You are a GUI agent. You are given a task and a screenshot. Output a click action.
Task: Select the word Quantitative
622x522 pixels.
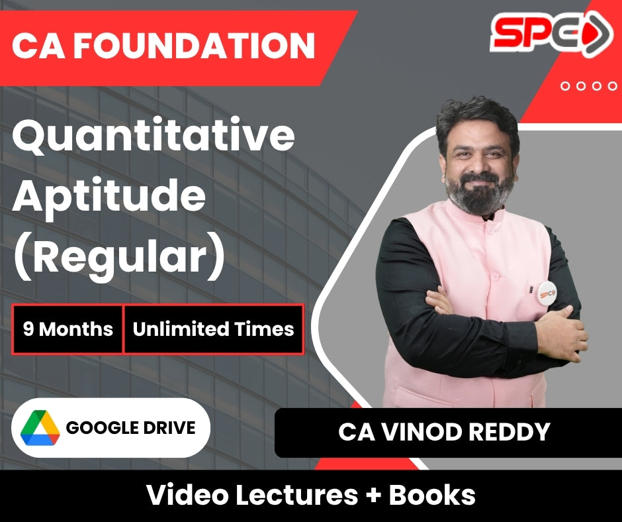click(153, 135)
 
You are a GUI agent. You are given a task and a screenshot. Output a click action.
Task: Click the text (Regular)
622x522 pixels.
click(119, 257)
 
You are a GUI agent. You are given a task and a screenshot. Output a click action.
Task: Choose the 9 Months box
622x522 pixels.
click(67, 329)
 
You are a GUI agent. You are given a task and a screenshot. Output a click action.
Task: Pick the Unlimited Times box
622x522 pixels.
click(214, 329)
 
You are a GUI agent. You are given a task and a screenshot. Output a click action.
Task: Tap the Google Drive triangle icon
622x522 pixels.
click(40, 427)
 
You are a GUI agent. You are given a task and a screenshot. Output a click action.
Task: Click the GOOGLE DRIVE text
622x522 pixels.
click(130, 428)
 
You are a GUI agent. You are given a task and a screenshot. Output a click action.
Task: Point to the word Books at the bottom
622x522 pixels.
click(432, 495)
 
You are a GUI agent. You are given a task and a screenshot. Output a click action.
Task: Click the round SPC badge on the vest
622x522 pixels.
click(547, 293)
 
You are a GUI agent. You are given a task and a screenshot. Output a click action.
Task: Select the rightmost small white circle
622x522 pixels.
click(612, 86)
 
